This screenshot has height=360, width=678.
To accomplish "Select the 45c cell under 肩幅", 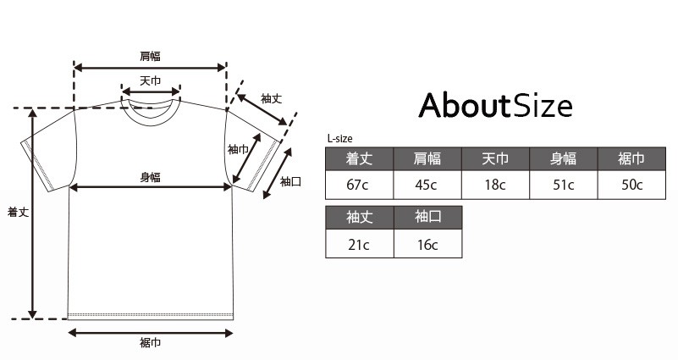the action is (x=427, y=186).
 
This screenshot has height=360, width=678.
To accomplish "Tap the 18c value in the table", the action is (x=495, y=186).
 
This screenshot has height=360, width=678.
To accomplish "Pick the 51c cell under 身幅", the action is (x=564, y=186).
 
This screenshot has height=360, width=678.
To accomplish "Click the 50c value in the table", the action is (x=631, y=186).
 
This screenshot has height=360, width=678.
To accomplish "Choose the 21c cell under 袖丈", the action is (x=360, y=244).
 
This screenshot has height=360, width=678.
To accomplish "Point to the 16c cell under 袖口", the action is (x=428, y=244).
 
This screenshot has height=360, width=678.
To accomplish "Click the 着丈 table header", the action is (x=360, y=158).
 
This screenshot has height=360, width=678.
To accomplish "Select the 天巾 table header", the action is (x=495, y=158).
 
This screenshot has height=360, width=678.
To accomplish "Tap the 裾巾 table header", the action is (x=631, y=158).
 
